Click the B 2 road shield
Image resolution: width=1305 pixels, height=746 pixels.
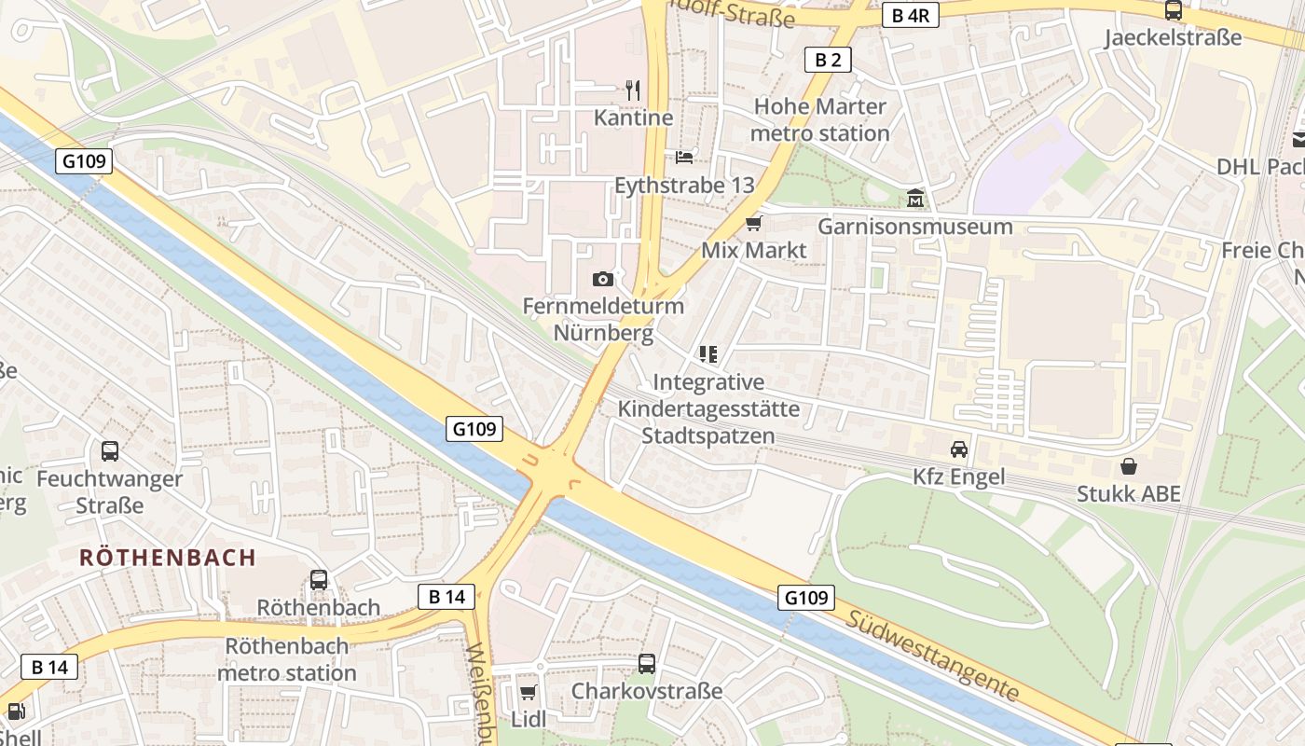click(x=828, y=60)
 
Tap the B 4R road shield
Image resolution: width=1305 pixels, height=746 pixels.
click(x=910, y=15)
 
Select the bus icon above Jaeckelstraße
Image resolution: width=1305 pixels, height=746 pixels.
click(x=1174, y=10)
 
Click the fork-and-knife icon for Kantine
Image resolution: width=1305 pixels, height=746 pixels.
click(x=634, y=90)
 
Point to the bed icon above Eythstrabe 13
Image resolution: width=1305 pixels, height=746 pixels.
click(x=684, y=157)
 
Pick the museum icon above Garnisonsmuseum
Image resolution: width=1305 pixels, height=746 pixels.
click(x=915, y=199)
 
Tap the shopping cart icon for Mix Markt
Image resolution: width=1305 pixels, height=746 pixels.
click(x=753, y=224)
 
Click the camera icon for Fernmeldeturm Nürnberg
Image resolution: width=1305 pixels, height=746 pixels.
click(x=602, y=279)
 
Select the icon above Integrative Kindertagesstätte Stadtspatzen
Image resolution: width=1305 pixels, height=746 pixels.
click(x=707, y=354)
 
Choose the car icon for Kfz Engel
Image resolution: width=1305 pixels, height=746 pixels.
click(x=959, y=449)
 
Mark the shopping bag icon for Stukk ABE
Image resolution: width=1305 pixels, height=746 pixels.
click(x=1129, y=465)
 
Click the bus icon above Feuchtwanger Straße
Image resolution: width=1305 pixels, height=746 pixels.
click(x=110, y=451)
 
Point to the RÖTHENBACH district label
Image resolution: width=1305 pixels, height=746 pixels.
click(x=168, y=558)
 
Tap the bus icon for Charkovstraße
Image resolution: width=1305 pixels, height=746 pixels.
click(x=647, y=664)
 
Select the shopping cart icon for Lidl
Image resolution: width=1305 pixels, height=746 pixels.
click(x=529, y=692)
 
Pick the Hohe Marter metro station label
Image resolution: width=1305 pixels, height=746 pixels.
click(x=820, y=119)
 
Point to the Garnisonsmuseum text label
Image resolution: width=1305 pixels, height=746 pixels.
click(x=915, y=227)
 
